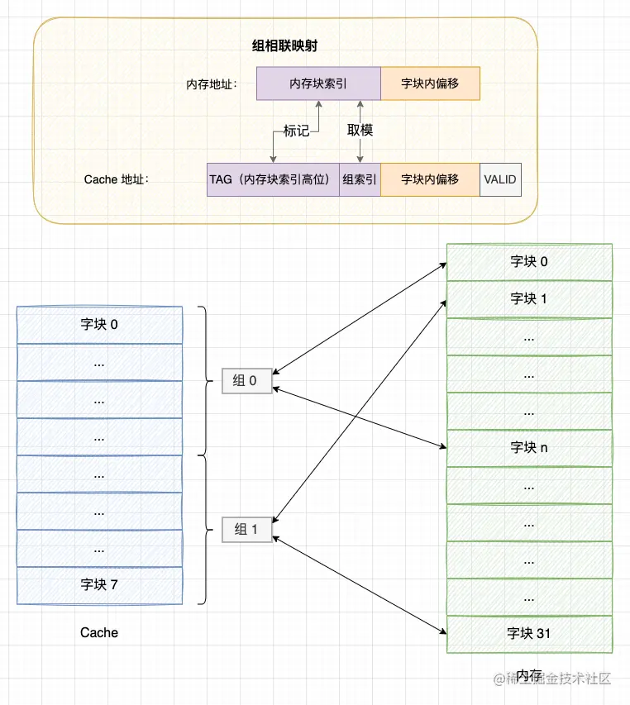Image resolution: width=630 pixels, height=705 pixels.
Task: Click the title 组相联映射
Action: (284, 46)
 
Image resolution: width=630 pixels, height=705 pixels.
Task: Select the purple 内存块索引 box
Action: (318, 84)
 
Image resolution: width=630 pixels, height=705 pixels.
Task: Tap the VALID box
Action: (500, 179)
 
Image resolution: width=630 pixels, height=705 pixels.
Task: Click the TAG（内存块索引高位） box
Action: (274, 179)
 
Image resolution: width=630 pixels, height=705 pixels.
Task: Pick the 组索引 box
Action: (360, 179)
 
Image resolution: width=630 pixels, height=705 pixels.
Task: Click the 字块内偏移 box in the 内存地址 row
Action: (430, 84)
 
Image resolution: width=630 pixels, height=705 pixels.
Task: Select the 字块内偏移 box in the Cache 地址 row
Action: (430, 179)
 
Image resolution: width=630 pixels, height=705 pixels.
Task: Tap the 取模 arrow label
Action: (360, 131)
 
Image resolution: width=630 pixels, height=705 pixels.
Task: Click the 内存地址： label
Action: (212, 84)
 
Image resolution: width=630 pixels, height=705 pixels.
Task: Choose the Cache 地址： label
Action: (117, 179)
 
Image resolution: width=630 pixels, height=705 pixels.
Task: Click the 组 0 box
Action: (246, 381)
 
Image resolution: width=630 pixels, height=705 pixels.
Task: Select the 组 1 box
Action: (246, 529)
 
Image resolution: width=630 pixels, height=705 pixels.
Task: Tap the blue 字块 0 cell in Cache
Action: (99, 325)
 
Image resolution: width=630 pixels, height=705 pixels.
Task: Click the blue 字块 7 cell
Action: (99, 585)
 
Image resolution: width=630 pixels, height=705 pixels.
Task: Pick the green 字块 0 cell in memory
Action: (529, 262)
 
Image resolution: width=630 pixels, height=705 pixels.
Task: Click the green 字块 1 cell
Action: (529, 299)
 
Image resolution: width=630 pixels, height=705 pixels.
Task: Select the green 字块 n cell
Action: (529, 448)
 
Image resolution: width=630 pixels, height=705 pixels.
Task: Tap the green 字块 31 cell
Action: (529, 634)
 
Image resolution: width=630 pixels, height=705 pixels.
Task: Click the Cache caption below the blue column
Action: (99, 633)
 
